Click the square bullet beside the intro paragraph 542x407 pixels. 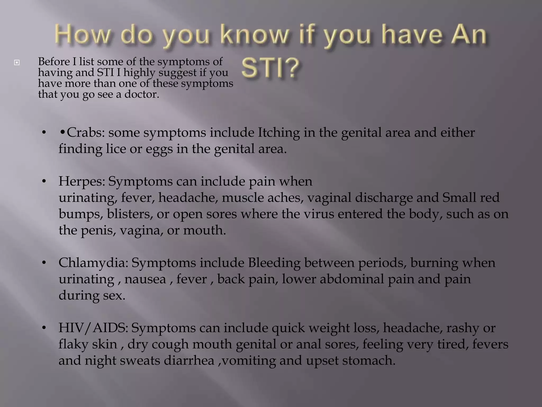pyautogui.click(x=17, y=63)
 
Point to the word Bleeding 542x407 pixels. pyautogui.click(x=274, y=263)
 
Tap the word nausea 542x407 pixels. pyautogui.click(x=145, y=279)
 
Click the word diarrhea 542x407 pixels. pyautogui.click(x=189, y=361)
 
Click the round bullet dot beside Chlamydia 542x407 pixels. pyautogui.click(x=44, y=263)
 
